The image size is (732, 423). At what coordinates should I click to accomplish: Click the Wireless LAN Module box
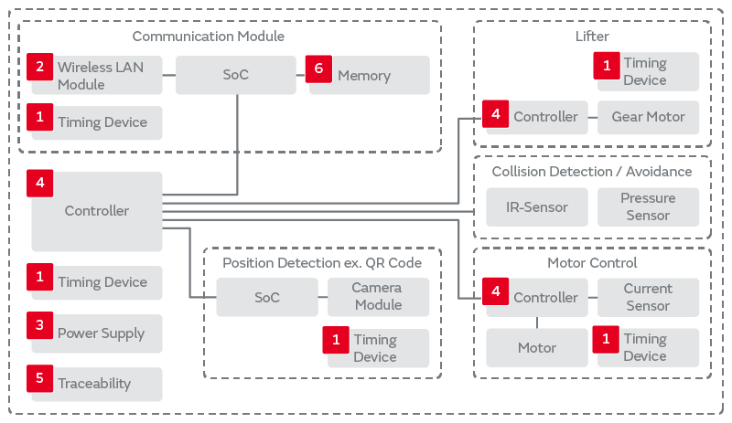point(96,76)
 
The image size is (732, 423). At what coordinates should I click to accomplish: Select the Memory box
point(370,76)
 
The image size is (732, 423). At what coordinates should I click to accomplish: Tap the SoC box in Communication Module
point(235,76)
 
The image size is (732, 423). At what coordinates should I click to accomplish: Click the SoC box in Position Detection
point(266,298)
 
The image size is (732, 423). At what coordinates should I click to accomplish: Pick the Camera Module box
point(378,296)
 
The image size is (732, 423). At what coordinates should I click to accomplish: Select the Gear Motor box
point(648,117)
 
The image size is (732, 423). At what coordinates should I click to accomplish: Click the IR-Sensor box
point(537,207)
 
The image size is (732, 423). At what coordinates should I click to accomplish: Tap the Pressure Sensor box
point(648,207)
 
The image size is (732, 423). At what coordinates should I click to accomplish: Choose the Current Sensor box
point(648,297)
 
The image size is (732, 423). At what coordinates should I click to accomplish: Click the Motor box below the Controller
point(537,348)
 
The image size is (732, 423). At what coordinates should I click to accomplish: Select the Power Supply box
point(96,333)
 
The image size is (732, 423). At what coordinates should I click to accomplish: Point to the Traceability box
point(96,384)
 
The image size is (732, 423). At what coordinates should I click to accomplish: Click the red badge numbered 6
point(318,69)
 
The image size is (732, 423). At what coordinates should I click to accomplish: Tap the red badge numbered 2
point(39,67)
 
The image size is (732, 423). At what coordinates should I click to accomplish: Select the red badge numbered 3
point(39,325)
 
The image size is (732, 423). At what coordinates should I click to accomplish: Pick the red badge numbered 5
point(39,375)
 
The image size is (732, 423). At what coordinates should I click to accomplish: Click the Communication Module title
point(209,37)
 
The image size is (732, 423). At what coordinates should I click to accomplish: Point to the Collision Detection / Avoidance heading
point(592,172)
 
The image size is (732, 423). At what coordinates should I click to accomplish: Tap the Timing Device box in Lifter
point(648,72)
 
